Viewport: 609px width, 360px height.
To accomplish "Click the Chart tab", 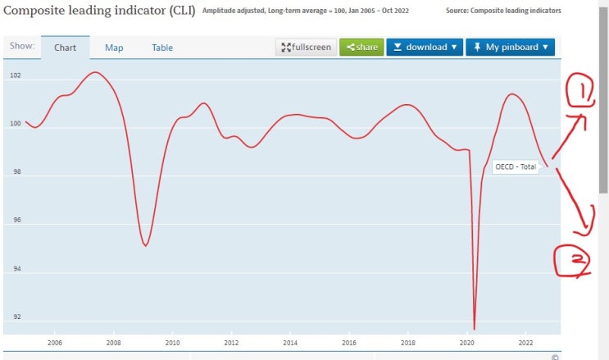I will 65,48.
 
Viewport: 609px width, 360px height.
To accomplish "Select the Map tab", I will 114,48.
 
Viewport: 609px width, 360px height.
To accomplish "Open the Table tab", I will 162,48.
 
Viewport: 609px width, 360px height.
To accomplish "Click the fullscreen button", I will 306,47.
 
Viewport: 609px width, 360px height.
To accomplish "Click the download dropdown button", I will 424,47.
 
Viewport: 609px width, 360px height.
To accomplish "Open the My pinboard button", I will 510,47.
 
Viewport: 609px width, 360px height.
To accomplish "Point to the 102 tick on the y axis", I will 16,76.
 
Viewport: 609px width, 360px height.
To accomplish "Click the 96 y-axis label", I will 16,221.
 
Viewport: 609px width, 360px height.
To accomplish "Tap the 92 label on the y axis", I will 16,317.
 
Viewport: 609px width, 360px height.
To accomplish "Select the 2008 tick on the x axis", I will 113,343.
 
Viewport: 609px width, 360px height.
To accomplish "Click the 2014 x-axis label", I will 290,343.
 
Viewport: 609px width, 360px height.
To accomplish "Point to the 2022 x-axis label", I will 525,343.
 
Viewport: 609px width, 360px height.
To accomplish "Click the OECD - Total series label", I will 516,166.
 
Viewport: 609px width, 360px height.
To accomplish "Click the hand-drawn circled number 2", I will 577,261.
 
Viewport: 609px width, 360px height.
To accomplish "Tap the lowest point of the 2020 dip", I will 474,328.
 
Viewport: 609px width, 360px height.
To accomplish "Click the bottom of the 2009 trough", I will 145,245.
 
